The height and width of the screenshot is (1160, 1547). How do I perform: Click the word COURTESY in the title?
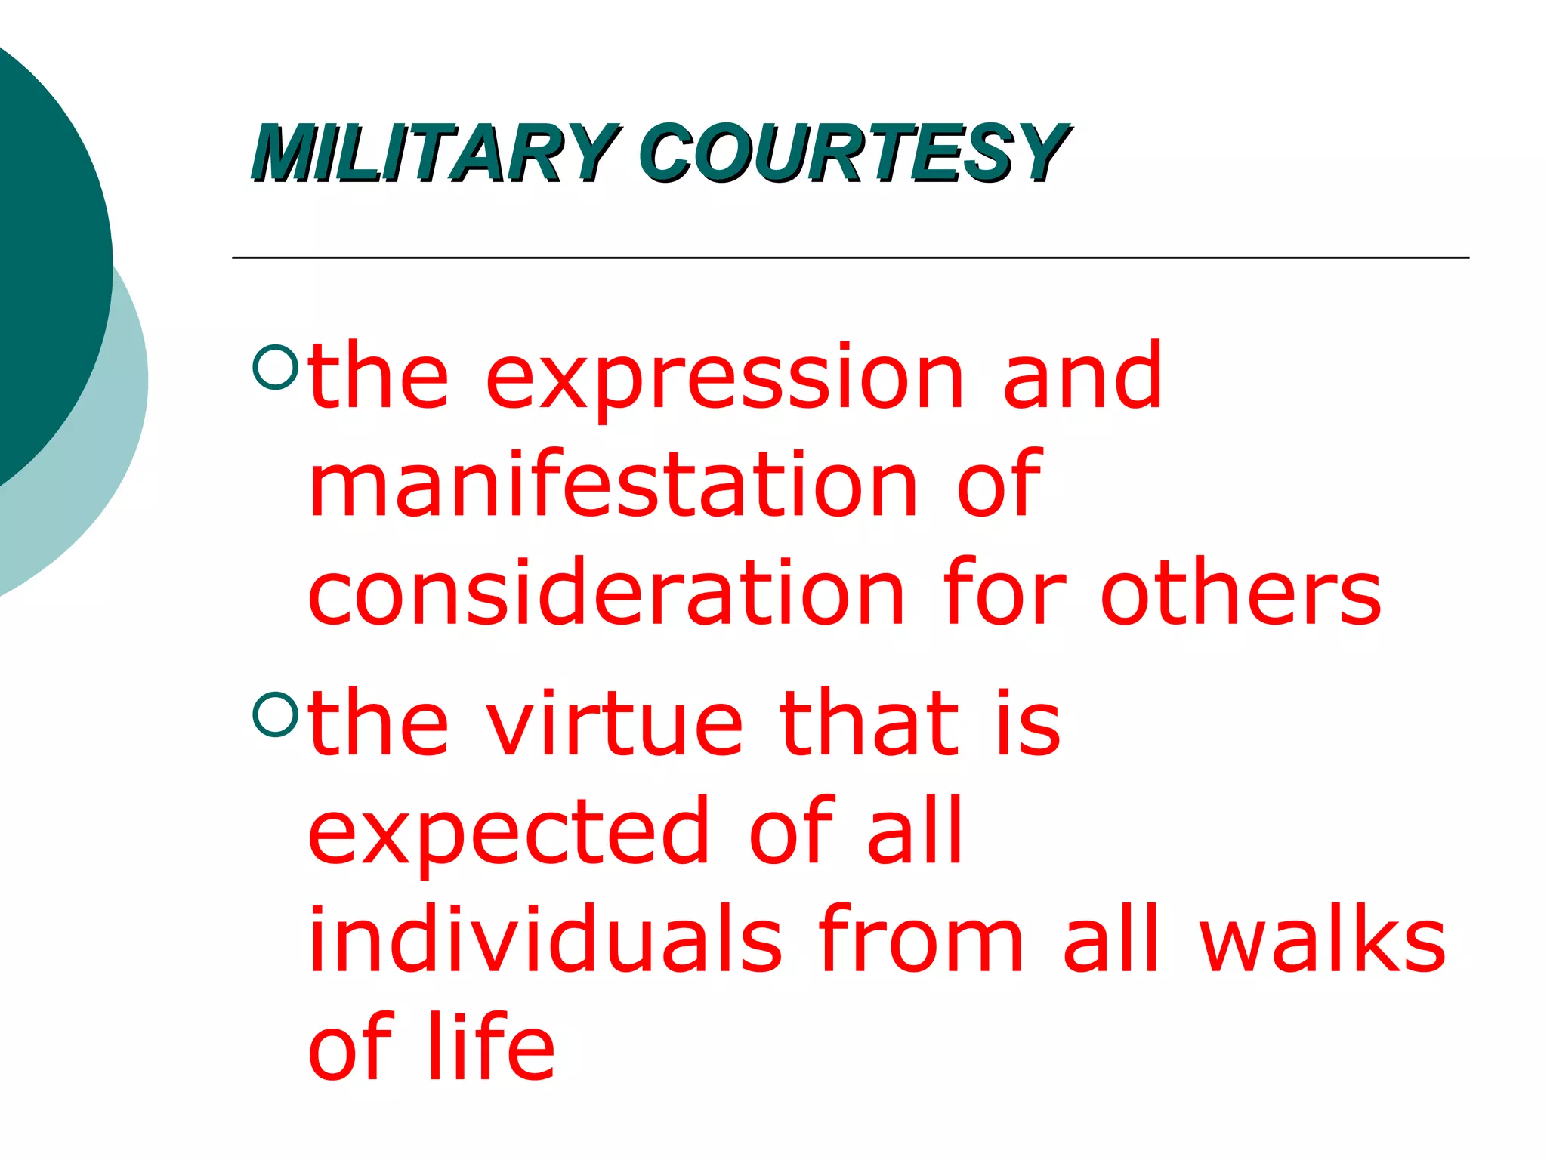point(854,153)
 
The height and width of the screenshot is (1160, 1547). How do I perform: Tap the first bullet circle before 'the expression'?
point(276,367)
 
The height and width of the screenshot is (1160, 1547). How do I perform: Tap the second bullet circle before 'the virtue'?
point(276,714)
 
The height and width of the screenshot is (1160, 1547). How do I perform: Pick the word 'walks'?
point(1322,940)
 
